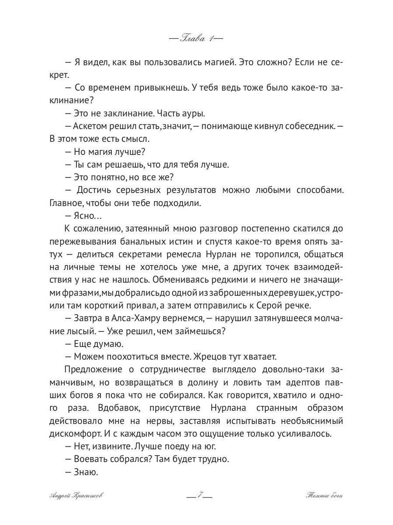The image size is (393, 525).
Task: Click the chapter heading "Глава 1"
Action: coord(196,38)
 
